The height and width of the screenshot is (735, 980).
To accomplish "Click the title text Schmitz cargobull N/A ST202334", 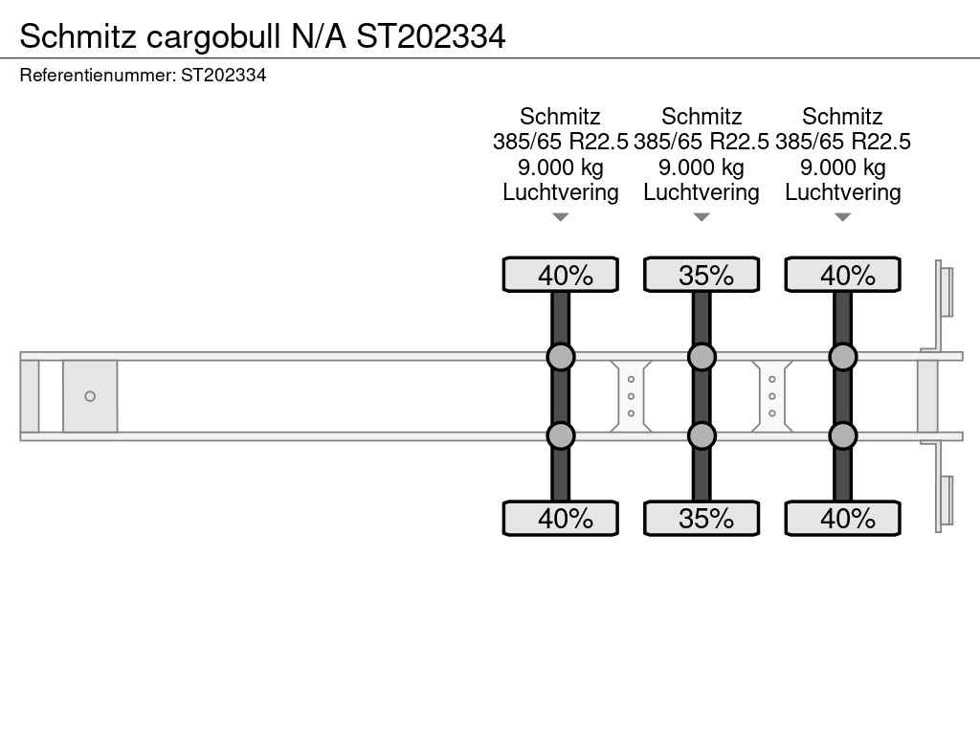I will [x=262, y=36].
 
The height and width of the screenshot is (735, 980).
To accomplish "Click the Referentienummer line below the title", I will [x=143, y=75].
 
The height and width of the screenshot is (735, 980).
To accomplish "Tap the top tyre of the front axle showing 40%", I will [x=561, y=275].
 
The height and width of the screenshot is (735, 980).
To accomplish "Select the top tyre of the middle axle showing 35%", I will [x=702, y=275].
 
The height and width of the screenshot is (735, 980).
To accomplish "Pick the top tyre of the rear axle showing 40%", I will [x=842, y=275].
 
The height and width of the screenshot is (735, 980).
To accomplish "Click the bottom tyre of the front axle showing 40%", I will [x=561, y=518].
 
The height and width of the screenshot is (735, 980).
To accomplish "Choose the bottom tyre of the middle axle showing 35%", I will [x=702, y=518].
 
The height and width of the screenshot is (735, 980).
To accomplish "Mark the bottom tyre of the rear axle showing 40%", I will [x=842, y=518].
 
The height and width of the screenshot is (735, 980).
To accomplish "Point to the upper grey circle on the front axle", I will [x=561, y=357].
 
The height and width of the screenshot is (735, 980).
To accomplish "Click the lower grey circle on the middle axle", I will [x=702, y=435].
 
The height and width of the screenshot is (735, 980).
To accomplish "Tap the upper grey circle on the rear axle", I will [x=842, y=357].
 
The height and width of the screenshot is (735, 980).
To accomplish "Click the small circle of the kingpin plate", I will [x=90, y=396].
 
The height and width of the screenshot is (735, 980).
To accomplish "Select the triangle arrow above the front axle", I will [x=561, y=217].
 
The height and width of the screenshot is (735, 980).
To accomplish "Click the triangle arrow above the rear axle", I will [x=842, y=217].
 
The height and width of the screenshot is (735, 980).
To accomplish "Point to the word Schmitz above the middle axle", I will [x=702, y=117].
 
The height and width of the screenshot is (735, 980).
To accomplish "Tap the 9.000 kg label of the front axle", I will [x=561, y=167].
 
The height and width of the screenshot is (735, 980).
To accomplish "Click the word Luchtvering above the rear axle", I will [x=842, y=192].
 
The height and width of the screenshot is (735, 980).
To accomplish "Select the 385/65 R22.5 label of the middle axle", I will [x=702, y=142].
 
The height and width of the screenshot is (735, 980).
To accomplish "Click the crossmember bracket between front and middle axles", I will [x=631, y=396].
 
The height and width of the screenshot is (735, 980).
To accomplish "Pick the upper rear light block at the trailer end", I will [x=946, y=291].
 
